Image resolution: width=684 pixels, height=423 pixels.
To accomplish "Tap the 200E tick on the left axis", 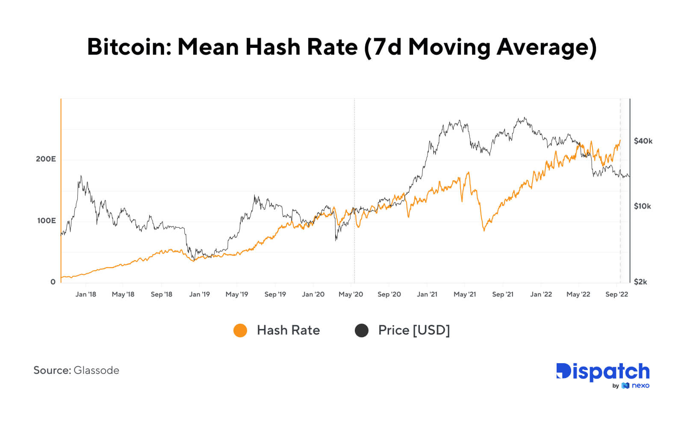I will point(46,159).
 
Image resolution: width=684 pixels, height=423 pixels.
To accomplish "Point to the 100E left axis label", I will point(46,220).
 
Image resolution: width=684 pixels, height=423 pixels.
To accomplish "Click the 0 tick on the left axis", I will point(53,282).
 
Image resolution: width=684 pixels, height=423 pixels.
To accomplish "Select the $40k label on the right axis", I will point(643,141).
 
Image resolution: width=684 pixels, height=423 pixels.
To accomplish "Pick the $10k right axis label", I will point(642,206).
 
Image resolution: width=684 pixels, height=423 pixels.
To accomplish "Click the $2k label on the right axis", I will point(640,282).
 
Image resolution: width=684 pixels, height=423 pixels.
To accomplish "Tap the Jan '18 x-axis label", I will point(85,294).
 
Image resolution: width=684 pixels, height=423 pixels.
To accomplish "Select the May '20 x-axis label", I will point(351,294).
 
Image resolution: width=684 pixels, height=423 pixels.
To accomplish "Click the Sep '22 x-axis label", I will point(616,294).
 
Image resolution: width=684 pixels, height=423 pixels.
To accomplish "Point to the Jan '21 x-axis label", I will point(427,294).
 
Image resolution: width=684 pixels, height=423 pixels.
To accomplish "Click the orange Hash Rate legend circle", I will point(240,330).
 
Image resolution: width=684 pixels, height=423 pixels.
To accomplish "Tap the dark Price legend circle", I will point(362,330).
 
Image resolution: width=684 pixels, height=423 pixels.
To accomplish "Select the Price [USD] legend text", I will point(414,330).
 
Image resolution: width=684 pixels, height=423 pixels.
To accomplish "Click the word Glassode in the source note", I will point(96,370).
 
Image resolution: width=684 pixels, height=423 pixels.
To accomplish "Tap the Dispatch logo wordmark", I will point(603,372).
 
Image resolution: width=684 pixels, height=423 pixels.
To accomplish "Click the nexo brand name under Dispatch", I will point(640,386).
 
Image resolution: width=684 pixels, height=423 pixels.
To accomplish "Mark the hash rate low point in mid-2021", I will point(484,230).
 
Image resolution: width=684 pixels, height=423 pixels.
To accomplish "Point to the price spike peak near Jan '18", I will point(81,176).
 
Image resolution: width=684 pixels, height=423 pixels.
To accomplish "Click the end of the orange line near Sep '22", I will point(620,141).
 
